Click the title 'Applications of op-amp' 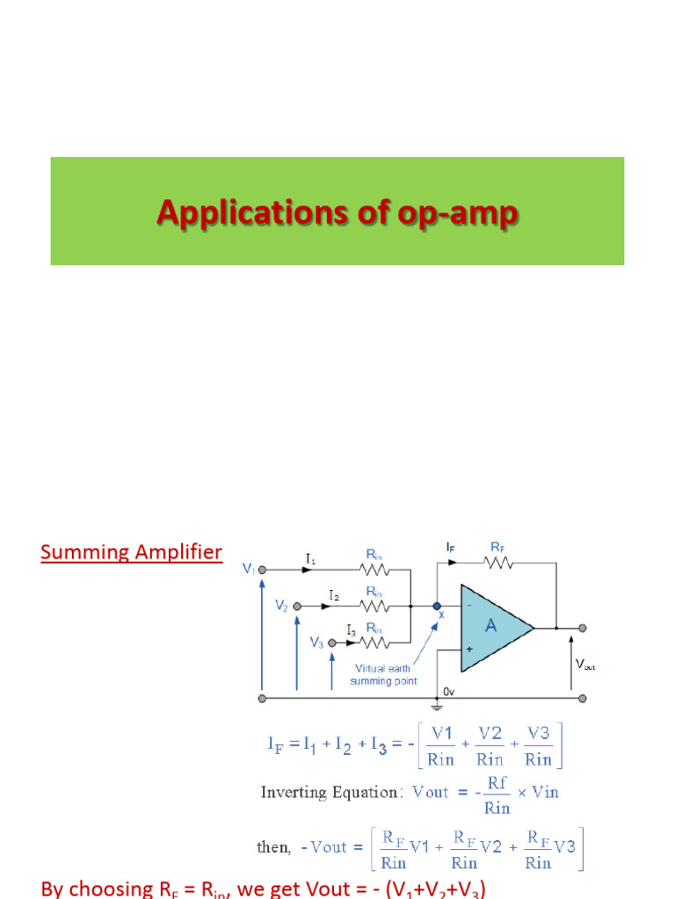point(337,213)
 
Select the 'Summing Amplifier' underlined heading point(131,552)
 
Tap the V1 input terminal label point(249,569)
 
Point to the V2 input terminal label point(281,606)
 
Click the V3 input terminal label point(316,643)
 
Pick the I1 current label point(312,557)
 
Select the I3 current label point(351,629)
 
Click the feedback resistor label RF point(498,546)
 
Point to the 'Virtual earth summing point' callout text point(382,674)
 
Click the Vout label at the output point(584,665)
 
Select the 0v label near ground point(448,692)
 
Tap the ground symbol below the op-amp point(437,705)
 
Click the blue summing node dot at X point(437,606)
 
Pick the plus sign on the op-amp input point(469,649)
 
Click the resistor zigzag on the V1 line point(374,569)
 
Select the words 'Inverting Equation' point(329,792)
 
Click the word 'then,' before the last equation point(272,847)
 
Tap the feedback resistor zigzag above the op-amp point(498,562)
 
